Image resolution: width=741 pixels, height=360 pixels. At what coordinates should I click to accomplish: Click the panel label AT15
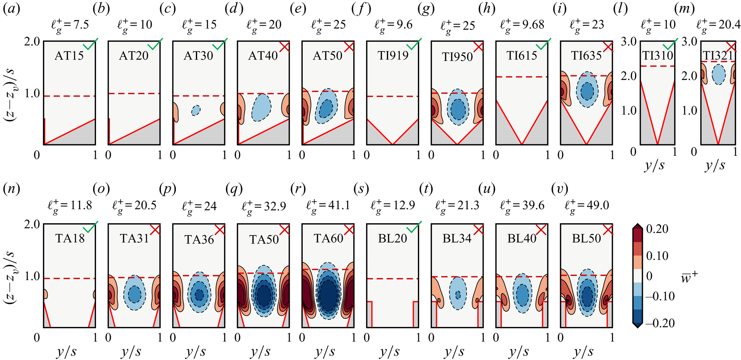coord(69,56)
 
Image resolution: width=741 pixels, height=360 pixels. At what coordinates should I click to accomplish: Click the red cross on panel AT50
coord(349,47)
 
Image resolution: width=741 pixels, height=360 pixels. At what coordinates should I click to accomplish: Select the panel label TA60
coord(328,239)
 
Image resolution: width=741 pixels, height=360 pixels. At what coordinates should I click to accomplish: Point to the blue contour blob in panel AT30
coord(196,111)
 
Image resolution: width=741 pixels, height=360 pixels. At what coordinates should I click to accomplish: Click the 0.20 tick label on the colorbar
coord(657,229)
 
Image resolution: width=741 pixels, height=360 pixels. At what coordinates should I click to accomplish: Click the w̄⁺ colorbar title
coord(689,277)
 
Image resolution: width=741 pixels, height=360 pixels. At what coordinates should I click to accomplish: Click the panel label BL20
coord(392,239)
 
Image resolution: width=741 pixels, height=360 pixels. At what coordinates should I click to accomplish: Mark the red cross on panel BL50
coord(607,230)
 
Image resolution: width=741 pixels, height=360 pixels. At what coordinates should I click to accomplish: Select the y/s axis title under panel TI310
coord(654,166)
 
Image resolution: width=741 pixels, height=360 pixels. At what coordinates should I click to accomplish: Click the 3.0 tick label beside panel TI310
coord(629,41)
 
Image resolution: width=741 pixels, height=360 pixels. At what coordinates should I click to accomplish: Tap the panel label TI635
coord(586,56)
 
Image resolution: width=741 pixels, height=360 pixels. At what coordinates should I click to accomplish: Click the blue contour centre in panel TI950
coord(458,109)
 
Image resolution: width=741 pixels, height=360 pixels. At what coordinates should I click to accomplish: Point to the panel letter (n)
coord(12,189)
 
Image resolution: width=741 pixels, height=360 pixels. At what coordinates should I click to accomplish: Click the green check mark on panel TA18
coord(91,227)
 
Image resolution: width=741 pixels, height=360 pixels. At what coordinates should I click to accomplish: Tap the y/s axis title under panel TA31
coord(131,352)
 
